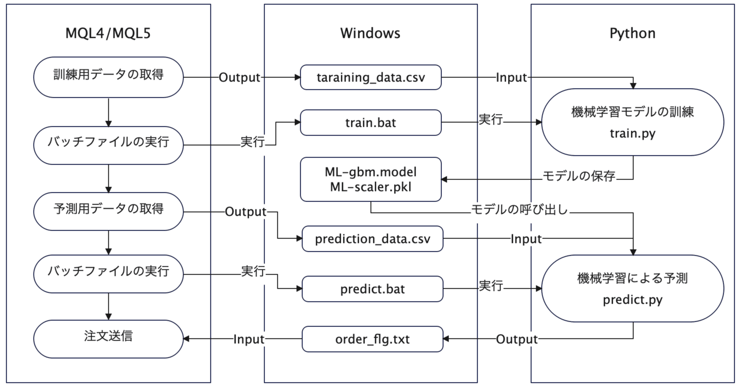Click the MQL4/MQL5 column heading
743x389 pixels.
tap(108, 33)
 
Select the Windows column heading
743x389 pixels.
tap(370, 33)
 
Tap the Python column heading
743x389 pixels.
tap(632, 33)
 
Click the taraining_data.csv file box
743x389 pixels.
tap(371, 77)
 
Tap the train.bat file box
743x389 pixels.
tap(371, 122)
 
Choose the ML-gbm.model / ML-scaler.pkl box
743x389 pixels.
tap(371, 179)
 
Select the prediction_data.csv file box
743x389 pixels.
tap(372, 239)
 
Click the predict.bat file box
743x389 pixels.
tap(372, 289)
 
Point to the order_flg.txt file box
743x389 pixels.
tap(372, 339)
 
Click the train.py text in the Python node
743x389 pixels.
tap(632, 133)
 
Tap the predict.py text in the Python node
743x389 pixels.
tap(632, 300)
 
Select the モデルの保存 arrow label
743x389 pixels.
tap(578, 176)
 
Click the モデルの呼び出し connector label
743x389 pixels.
tap(519, 209)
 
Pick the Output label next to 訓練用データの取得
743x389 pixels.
tap(239, 77)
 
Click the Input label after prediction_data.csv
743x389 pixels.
tap(526, 239)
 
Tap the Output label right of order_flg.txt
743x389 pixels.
tap(517, 339)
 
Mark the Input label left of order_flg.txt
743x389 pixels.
tap(249, 339)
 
